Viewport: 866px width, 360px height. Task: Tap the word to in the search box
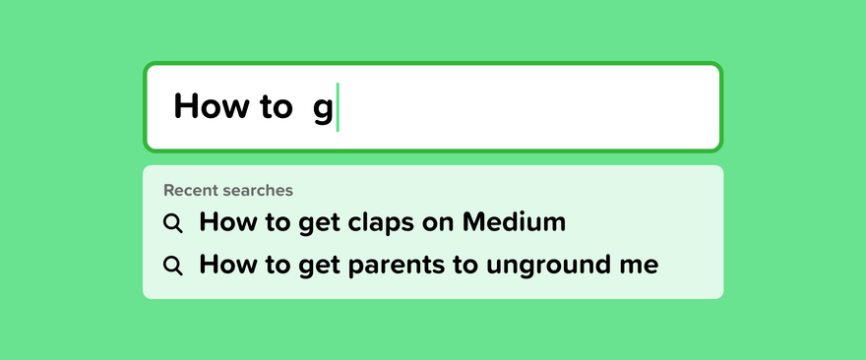[275, 106]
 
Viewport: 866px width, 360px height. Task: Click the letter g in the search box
[323, 110]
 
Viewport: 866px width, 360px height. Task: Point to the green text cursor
[338, 107]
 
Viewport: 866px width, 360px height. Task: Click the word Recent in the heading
[188, 191]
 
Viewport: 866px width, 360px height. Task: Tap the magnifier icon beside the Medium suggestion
[173, 223]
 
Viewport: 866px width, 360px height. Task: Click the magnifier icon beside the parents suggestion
[173, 266]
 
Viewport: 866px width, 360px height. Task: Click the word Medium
[514, 222]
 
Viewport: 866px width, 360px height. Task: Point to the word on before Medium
[439, 224]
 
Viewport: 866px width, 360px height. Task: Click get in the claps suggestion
[320, 224]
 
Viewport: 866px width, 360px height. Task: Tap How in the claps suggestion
[226, 222]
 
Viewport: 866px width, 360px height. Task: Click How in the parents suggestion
[226, 265]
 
